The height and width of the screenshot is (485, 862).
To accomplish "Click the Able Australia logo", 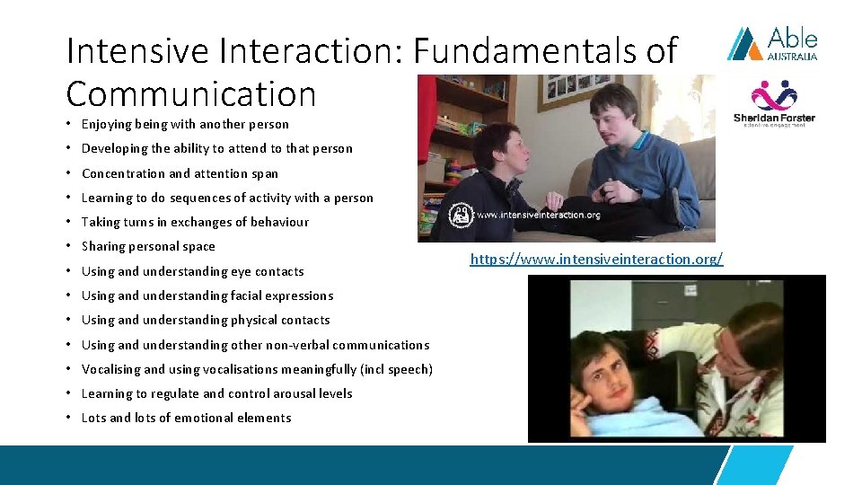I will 772,43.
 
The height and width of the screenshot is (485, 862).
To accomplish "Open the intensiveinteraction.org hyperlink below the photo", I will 595,260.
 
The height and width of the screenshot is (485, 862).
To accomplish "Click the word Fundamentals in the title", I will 525,51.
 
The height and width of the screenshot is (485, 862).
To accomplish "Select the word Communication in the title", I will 191,93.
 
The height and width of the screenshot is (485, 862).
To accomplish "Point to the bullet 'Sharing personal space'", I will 148,246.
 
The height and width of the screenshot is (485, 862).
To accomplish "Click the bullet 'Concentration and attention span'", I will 180,173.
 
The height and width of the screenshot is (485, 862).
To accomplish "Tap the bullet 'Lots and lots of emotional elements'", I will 186,418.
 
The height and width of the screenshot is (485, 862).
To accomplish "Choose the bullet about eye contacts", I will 192,271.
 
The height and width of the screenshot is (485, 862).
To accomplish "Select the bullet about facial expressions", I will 207,295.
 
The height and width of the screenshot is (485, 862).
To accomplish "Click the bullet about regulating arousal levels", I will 216,393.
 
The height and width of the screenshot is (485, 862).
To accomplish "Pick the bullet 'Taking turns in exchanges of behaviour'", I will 195,222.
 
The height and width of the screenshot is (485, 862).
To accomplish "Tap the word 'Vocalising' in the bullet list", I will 110,369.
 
